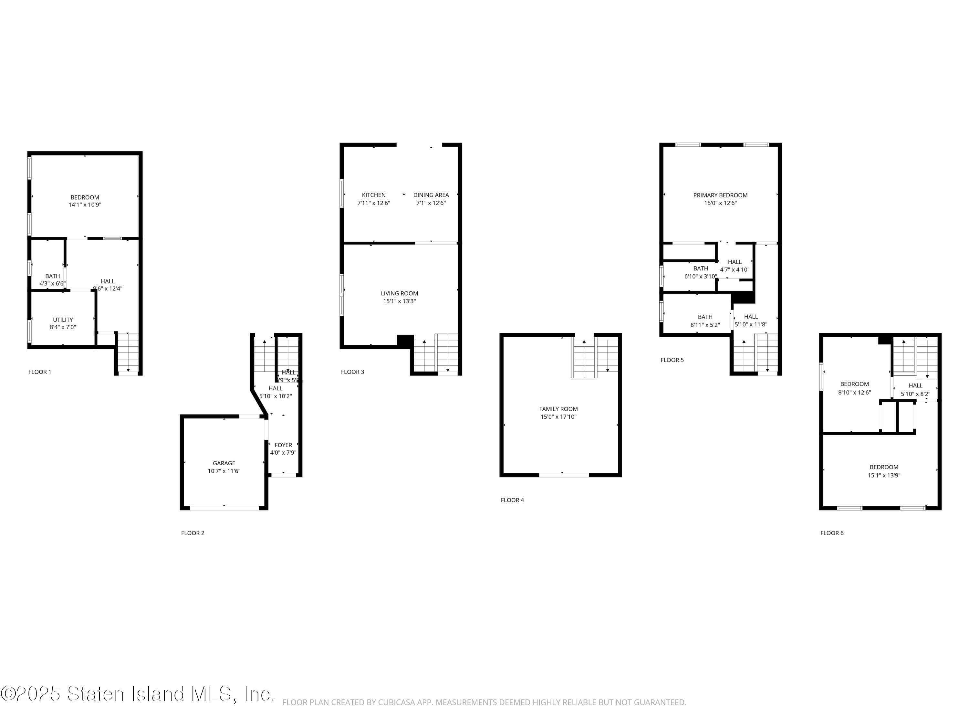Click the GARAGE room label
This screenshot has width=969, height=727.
[224, 463]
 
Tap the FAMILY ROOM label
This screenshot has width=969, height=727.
[558, 409]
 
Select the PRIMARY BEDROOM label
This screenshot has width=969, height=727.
[720, 195]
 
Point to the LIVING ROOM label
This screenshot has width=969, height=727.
[399, 293]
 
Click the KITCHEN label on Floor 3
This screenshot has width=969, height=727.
[374, 195]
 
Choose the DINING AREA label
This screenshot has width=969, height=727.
[431, 195]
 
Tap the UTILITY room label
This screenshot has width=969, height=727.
[63, 320]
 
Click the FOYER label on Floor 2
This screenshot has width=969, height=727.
[283, 445]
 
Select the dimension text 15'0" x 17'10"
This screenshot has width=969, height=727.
[558, 417]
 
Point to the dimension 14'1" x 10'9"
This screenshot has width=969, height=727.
[85, 205]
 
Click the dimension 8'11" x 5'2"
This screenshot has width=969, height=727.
[705, 325]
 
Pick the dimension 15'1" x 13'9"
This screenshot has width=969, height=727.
[884, 475]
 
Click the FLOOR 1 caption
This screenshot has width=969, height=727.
[40, 372]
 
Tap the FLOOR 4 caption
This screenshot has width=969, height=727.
[512, 500]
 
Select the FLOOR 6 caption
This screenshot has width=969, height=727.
[832, 533]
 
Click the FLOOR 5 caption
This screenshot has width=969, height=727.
[672, 360]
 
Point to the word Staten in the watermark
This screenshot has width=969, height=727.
[96, 694]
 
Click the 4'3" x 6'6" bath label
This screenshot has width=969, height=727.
[53, 283]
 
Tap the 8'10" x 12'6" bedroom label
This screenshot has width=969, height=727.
[854, 392]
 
